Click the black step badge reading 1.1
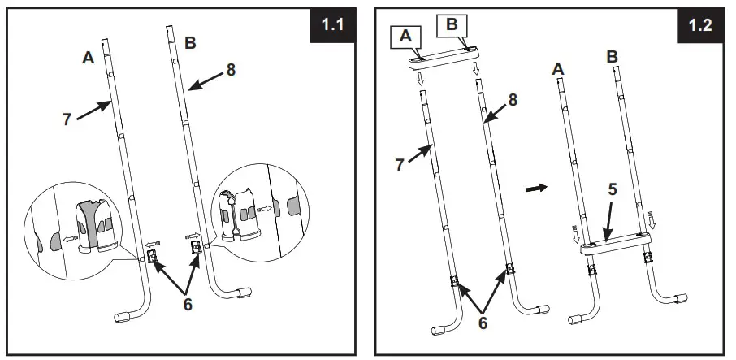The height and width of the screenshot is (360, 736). [333, 24]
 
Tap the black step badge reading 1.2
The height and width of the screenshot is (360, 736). [700, 24]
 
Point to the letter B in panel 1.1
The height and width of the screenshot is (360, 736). [190, 45]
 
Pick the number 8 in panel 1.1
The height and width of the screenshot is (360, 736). [231, 70]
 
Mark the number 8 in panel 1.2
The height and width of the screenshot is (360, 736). [513, 99]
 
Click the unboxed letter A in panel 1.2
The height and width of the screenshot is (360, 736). [558, 70]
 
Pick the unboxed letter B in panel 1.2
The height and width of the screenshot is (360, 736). [613, 58]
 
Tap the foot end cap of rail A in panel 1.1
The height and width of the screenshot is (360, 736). [128, 319]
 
